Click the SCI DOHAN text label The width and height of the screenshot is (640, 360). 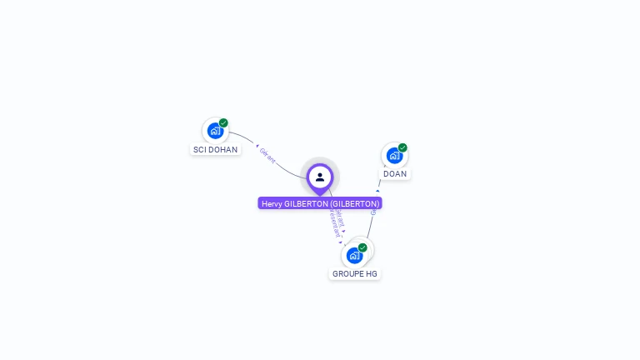215,150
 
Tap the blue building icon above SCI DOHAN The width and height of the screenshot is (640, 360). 215,131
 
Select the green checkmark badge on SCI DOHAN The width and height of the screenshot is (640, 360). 223,122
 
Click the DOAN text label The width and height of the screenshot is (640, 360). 395,174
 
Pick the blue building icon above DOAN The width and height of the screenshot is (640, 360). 394,155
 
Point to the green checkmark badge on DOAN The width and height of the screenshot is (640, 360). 402,147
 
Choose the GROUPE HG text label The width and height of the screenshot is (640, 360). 355,273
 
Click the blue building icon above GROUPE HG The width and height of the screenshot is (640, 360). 354,255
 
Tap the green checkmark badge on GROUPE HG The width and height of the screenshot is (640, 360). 362,247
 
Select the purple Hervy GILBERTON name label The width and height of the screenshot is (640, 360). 320,203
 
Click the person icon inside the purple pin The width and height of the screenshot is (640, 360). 320,177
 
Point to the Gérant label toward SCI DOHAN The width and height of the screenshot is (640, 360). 267,156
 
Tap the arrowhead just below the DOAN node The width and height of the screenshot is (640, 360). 377,191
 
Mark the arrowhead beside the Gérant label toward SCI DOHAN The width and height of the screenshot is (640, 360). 257,147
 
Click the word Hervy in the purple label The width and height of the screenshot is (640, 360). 272,203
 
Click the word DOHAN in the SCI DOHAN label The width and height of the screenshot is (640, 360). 222,150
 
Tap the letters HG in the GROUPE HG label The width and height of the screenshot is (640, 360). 372,273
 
